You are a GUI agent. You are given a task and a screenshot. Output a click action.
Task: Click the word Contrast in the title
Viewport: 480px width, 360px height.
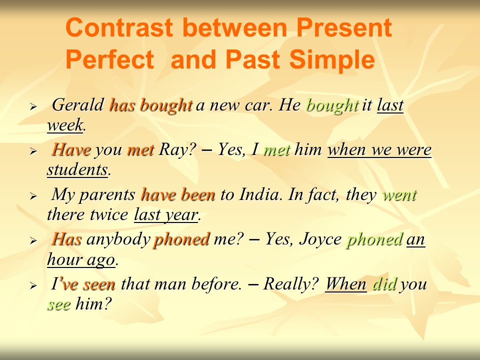point(119,27)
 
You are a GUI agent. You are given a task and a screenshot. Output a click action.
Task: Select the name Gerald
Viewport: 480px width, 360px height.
point(78,105)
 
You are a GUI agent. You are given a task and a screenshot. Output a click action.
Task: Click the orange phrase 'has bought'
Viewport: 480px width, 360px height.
point(151,105)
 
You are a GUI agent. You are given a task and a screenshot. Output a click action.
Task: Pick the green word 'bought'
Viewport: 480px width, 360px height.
point(332,105)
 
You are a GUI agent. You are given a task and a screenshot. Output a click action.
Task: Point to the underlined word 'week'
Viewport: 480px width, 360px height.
point(65,125)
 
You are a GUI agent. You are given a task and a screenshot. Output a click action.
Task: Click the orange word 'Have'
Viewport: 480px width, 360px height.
point(71,149)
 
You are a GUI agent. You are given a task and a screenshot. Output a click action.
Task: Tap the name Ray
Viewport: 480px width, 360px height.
point(174,149)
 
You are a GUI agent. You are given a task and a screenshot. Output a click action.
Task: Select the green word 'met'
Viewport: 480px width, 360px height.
point(276,150)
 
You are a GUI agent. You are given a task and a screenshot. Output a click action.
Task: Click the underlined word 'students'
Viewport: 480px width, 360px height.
point(77,169)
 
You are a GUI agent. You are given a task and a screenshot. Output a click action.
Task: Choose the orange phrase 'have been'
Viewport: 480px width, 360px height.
point(178,194)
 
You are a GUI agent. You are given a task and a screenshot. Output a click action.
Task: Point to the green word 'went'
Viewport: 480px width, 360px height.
point(399,195)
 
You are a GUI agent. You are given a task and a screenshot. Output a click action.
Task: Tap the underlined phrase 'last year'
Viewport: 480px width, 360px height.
point(166,214)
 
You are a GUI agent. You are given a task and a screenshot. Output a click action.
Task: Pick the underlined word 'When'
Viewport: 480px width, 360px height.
point(345,284)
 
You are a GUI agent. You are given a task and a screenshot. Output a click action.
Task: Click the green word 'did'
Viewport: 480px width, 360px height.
point(384,284)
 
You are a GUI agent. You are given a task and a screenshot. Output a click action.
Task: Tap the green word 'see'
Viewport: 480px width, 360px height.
point(59,304)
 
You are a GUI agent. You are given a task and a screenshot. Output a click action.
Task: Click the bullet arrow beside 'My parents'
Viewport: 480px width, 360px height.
point(33,196)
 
